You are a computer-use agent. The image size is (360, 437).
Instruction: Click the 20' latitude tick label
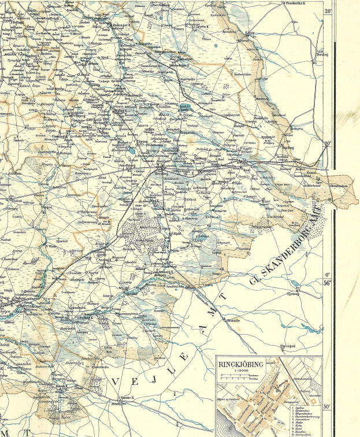(x=328, y=11)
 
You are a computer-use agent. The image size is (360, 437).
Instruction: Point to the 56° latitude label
(x=327, y=283)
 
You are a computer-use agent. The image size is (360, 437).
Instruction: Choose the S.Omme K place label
(x=126, y=398)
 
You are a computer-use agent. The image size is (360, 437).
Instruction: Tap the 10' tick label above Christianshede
(x=328, y=144)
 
